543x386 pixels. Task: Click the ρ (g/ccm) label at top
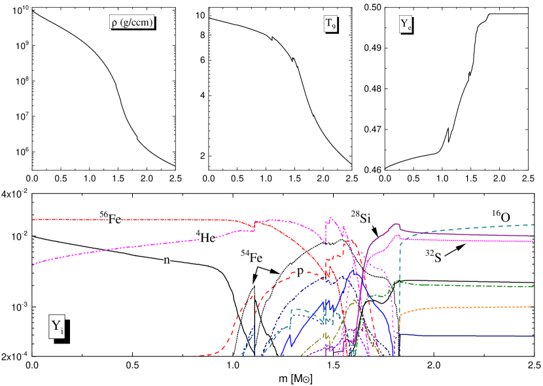(x=131, y=23)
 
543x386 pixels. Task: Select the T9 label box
(x=330, y=24)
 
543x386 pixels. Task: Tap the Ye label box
(x=406, y=25)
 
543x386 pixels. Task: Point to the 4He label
(x=205, y=237)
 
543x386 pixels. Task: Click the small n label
(x=167, y=260)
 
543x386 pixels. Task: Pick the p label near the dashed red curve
(x=300, y=271)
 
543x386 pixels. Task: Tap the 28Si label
(x=360, y=217)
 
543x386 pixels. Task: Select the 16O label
(x=501, y=216)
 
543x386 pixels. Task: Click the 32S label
(x=434, y=257)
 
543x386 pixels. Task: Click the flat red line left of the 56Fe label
(x=65, y=219)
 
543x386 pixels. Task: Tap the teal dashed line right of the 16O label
(x=527, y=225)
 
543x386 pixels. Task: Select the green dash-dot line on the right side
(x=471, y=285)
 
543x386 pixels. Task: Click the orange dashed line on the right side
(x=471, y=307)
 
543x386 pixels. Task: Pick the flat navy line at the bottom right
(x=471, y=336)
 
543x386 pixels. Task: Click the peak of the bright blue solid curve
(x=353, y=269)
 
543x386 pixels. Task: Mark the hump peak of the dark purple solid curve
(x=396, y=224)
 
